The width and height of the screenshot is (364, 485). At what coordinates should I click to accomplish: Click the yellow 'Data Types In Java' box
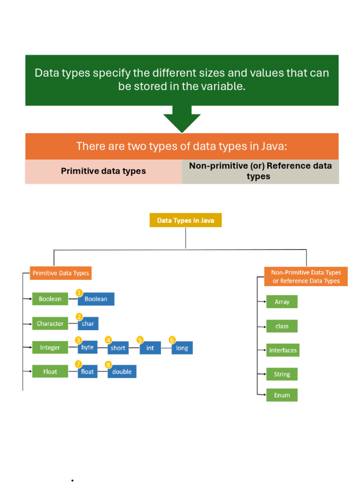click(x=185, y=220)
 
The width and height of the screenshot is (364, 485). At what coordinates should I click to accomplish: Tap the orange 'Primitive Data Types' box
click(x=61, y=273)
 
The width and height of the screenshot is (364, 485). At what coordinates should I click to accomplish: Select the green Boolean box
click(x=50, y=299)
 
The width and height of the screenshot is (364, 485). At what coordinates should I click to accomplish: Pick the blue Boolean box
click(x=96, y=299)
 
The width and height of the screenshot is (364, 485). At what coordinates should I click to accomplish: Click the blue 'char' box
click(x=88, y=323)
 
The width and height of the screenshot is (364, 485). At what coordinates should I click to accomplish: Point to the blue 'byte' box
click(x=88, y=347)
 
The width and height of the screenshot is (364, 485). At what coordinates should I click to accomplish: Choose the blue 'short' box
click(x=118, y=348)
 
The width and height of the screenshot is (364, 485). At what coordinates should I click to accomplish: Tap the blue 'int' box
click(x=150, y=348)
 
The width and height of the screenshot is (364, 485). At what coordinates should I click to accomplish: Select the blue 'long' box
click(x=182, y=348)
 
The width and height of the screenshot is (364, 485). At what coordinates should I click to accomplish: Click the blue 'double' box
click(x=122, y=371)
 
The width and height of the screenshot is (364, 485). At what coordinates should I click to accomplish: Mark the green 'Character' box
click(x=50, y=323)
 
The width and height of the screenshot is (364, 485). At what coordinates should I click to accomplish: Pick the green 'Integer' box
click(x=50, y=347)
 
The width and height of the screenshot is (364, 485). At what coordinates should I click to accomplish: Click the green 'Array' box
click(x=282, y=302)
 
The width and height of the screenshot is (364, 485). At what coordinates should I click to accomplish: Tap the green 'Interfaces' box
click(x=283, y=350)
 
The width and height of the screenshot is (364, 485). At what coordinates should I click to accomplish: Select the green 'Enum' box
click(x=282, y=395)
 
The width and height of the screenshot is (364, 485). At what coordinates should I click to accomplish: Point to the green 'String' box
click(x=282, y=374)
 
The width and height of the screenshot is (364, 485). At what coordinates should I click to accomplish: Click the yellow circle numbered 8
click(x=109, y=365)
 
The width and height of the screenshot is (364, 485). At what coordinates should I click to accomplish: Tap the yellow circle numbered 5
click(x=140, y=340)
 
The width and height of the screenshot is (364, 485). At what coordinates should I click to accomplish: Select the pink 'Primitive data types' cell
click(x=103, y=171)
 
